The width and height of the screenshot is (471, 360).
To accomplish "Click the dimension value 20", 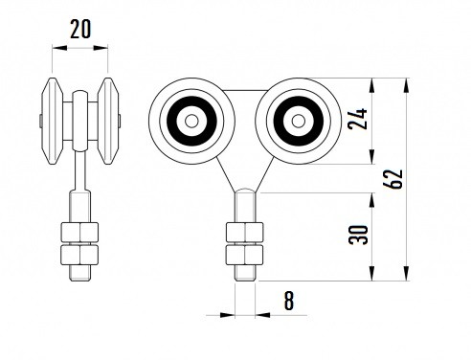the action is pos(80,29).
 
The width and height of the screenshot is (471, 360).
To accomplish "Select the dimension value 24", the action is pos(358,119).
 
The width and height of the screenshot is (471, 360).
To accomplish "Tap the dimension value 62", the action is pos(393,179).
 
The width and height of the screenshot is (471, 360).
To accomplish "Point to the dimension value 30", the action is pos(358,235).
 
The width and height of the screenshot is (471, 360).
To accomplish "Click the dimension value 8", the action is pos(289,301).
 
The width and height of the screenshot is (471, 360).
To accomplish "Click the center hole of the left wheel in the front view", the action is pos(191,121).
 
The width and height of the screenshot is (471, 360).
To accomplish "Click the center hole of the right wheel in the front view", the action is pos(299,121).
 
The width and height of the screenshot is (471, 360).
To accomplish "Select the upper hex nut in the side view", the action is pos(79,233).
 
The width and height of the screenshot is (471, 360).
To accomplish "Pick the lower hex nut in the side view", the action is pos(79,255).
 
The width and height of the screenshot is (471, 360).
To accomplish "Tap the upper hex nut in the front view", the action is pos(245,233).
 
